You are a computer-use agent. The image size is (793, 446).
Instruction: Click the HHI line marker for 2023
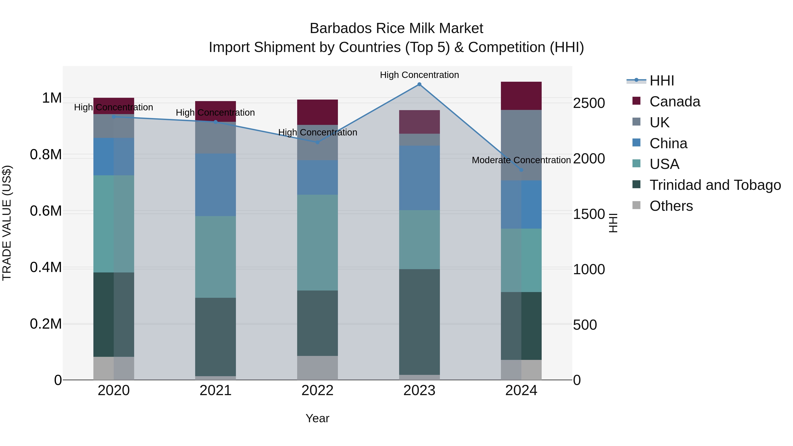coord(419,84)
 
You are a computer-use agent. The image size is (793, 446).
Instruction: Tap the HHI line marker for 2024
coord(521,170)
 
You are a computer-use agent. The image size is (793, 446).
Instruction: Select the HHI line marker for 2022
coord(318,142)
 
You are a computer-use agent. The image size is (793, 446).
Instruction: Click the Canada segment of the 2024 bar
coord(521,96)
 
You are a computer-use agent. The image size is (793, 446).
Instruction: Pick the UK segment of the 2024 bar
coord(521,145)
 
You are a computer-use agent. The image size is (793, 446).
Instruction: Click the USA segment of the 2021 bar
coord(215,257)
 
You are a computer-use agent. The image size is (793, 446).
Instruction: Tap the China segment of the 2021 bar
coord(215,185)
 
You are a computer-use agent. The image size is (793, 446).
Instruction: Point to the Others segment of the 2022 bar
coord(317,368)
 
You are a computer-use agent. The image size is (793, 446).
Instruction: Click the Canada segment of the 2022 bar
coord(317,112)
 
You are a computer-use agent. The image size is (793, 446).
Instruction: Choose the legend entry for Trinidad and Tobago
coord(715,185)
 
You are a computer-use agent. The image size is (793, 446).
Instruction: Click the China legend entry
coord(668,143)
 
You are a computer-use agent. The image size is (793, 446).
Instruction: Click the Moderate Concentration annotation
coord(521,160)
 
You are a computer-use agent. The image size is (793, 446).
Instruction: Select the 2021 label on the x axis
coord(215,390)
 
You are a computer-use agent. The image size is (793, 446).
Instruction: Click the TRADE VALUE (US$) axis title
coord(7,223)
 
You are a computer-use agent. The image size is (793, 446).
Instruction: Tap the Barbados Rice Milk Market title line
coord(396,28)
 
